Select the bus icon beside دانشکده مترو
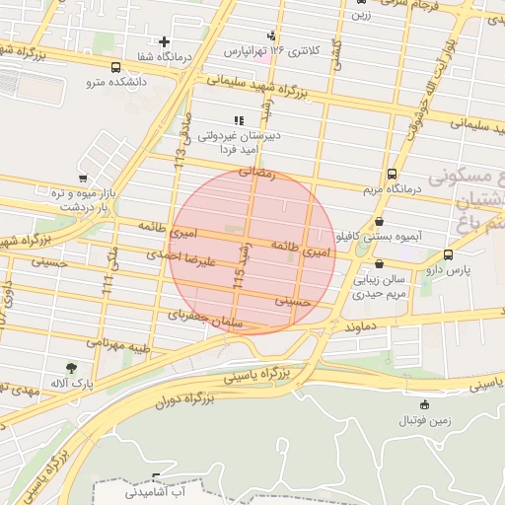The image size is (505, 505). pyautogui.click(x=116, y=69)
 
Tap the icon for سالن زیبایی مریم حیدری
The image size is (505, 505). pyautogui.click(x=380, y=264)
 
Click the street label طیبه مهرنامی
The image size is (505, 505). pyautogui.click(x=118, y=344)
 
